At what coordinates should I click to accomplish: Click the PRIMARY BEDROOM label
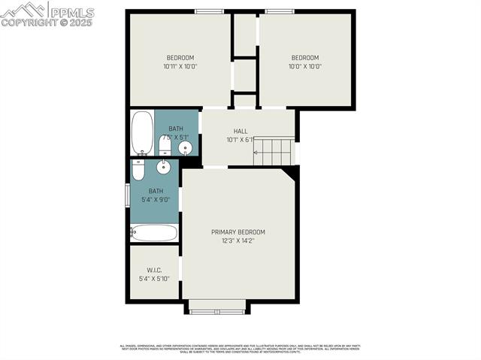(x=237, y=232)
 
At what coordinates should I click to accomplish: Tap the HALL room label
(x=240, y=131)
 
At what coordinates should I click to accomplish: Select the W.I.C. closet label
(x=154, y=270)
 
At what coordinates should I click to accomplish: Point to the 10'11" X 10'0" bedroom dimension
(x=180, y=67)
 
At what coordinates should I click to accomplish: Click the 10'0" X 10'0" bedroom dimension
(x=305, y=67)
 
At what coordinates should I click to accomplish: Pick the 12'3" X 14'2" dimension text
(x=237, y=241)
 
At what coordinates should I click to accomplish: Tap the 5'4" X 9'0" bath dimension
(x=155, y=200)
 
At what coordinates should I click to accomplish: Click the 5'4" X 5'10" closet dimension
(x=154, y=279)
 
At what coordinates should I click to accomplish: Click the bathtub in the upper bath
(x=142, y=132)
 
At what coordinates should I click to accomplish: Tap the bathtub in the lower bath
(x=154, y=233)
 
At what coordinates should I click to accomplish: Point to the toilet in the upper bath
(x=165, y=144)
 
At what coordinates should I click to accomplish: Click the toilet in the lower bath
(x=138, y=170)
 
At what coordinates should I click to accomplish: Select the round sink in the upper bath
(x=185, y=147)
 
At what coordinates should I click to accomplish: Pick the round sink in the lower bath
(x=163, y=167)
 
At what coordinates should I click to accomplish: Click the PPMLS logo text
(x=71, y=12)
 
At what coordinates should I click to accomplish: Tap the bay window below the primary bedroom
(x=217, y=307)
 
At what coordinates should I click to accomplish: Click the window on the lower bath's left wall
(x=127, y=194)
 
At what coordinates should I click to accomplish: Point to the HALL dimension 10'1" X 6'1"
(x=240, y=140)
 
